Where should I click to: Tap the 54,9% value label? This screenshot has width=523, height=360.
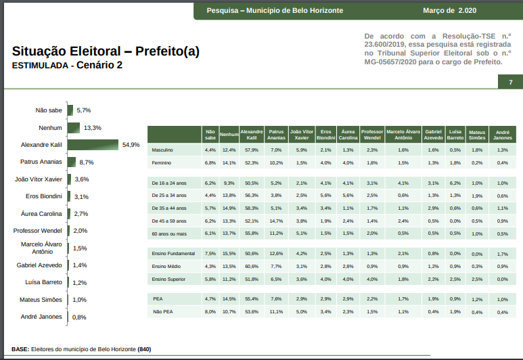click(x=131, y=145)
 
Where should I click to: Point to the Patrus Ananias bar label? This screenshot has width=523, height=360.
click(x=41, y=162)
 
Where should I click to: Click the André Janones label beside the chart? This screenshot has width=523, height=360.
click(x=42, y=317)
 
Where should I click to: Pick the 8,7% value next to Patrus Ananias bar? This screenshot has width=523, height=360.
click(x=87, y=162)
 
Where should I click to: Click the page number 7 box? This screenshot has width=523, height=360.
click(x=511, y=83)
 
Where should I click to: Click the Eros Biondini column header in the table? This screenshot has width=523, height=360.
click(x=325, y=134)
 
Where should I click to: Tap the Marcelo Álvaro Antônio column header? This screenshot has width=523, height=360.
click(x=403, y=134)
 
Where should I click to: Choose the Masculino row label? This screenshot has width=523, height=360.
click(x=163, y=150)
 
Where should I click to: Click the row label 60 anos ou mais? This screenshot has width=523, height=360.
click(x=169, y=233)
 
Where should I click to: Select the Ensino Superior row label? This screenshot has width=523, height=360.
click(x=168, y=279)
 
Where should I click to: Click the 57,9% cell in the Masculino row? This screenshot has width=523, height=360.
click(x=252, y=150)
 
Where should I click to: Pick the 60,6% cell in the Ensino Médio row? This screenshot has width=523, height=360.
click(x=252, y=267)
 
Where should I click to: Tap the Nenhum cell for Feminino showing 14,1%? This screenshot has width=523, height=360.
click(x=229, y=163)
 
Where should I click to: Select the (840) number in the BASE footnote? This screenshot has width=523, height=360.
click(x=144, y=349)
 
